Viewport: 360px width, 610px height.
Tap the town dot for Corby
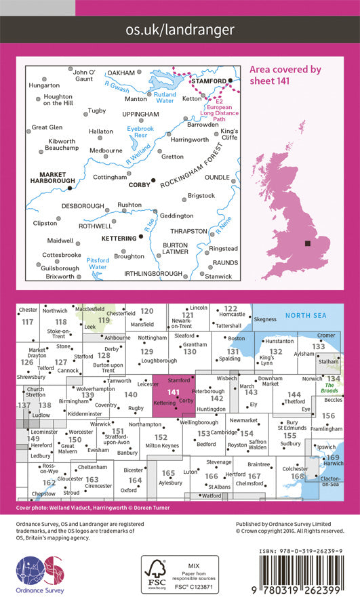(x=153, y=180)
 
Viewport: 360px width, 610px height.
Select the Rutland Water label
(x=165, y=99)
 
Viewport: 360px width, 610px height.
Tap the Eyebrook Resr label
(x=141, y=132)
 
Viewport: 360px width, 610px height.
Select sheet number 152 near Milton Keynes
(x=161, y=437)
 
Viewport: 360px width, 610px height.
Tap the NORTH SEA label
(x=305, y=316)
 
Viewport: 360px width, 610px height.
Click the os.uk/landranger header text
(x=180, y=29)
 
